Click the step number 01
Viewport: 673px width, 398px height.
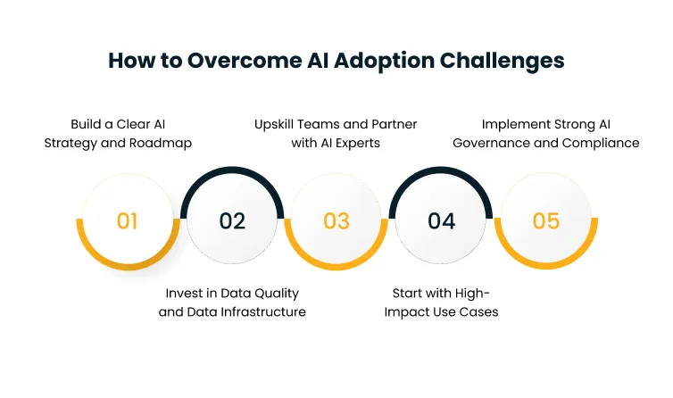127,221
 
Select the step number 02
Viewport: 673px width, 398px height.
232,221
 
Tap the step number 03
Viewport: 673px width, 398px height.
336,221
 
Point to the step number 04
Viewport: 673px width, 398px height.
442,221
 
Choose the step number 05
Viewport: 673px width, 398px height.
546,221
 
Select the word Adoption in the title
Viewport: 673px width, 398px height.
377,61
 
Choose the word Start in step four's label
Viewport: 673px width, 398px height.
410,293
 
